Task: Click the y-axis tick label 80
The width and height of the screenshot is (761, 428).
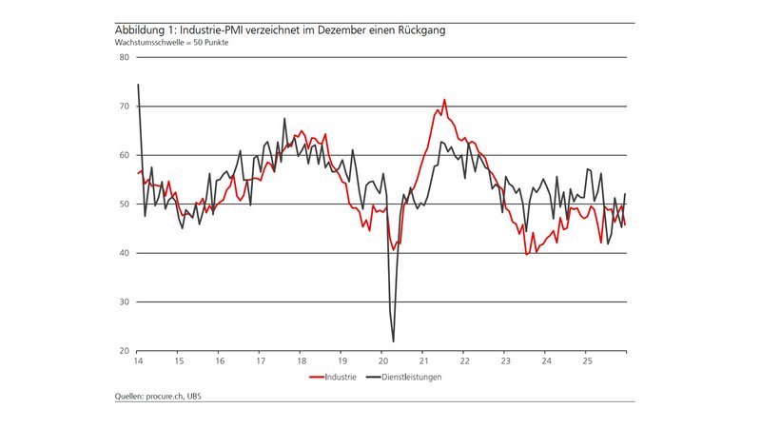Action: coord(125,57)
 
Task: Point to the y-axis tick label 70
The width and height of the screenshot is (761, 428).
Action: coord(125,107)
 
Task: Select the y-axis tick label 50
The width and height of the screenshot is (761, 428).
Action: coord(125,204)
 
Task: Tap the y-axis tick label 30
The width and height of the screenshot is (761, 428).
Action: coord(125,302)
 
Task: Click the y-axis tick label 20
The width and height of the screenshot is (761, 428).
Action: coord(125,351)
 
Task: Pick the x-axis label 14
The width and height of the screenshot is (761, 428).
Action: coord(138,361)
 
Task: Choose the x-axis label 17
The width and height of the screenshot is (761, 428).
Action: coord(260,361)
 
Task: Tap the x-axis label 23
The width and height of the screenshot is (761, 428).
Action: coord(504,361)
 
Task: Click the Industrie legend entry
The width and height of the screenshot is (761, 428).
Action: coord(339,377)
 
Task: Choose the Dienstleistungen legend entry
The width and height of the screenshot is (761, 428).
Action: coord(413,377)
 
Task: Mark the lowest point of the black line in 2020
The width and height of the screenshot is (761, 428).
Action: coord(393,341)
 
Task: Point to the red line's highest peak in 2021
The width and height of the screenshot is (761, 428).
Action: coord(443,100)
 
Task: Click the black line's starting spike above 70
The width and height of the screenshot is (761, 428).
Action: coord(138,85)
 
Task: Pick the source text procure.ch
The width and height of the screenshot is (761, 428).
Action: coord(166,397)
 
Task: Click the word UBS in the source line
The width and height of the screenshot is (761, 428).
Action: coord(195,397)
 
